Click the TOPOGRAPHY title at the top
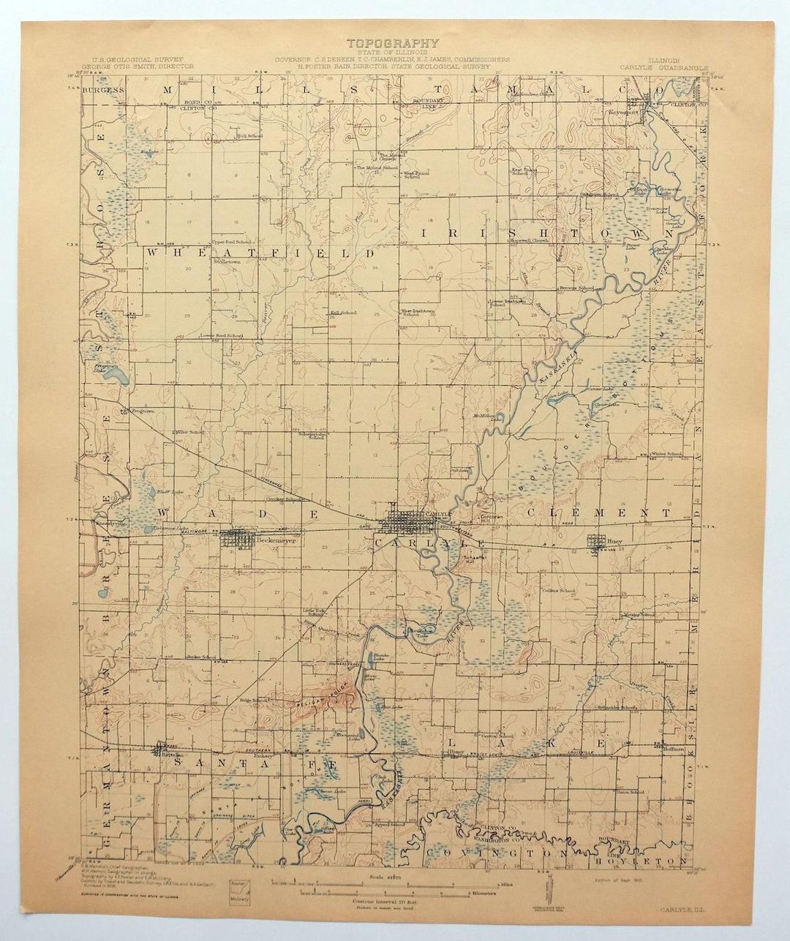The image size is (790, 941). [393, 44]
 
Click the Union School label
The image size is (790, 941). [630, 792]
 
